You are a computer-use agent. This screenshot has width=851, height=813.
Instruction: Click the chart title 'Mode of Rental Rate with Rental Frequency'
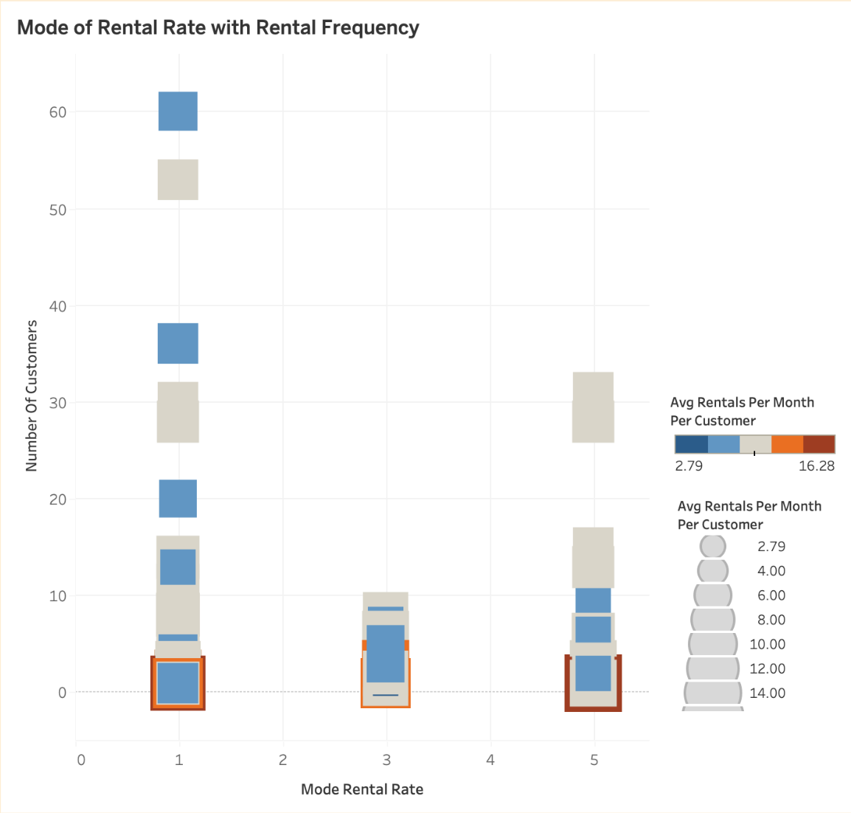tap(218, 27)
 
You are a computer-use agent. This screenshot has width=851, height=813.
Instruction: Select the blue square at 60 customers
tap(178, 111)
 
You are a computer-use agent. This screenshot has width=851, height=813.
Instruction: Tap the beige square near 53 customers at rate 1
tap(178, 179)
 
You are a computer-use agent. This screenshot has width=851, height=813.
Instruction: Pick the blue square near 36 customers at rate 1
tap(178, 343)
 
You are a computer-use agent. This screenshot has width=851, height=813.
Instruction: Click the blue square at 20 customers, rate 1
tap(178, 498)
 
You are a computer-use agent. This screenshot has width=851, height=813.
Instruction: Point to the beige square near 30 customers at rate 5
tap(593, 407)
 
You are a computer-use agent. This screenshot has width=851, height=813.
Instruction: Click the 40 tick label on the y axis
tap(58, 306)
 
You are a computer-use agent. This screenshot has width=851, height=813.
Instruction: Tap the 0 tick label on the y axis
tap(62, 692)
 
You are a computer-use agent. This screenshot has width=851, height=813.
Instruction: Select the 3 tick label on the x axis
tap(386, 760)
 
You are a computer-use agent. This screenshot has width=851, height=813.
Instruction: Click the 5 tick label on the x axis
tap(594, 760)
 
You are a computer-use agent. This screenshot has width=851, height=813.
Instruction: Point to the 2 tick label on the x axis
tap(282, 760)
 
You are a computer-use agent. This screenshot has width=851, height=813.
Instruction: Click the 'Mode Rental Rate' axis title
tap(362, 789)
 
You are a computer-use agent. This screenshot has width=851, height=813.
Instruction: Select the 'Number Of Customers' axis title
tap(31, 395)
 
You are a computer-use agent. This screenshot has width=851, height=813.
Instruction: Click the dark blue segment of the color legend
tap(691, 444)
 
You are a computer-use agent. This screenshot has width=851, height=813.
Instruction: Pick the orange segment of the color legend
tap(787, 444)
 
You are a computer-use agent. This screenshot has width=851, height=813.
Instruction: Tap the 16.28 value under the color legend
tap(816, 466)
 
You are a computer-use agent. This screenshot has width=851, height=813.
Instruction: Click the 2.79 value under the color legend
tap(689, 466)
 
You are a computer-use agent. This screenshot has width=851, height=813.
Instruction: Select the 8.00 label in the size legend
tap(771, 620)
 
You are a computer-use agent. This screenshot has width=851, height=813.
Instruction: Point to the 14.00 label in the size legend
tap(767, 693)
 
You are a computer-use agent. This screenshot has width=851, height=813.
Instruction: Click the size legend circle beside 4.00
tap(712, 571)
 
